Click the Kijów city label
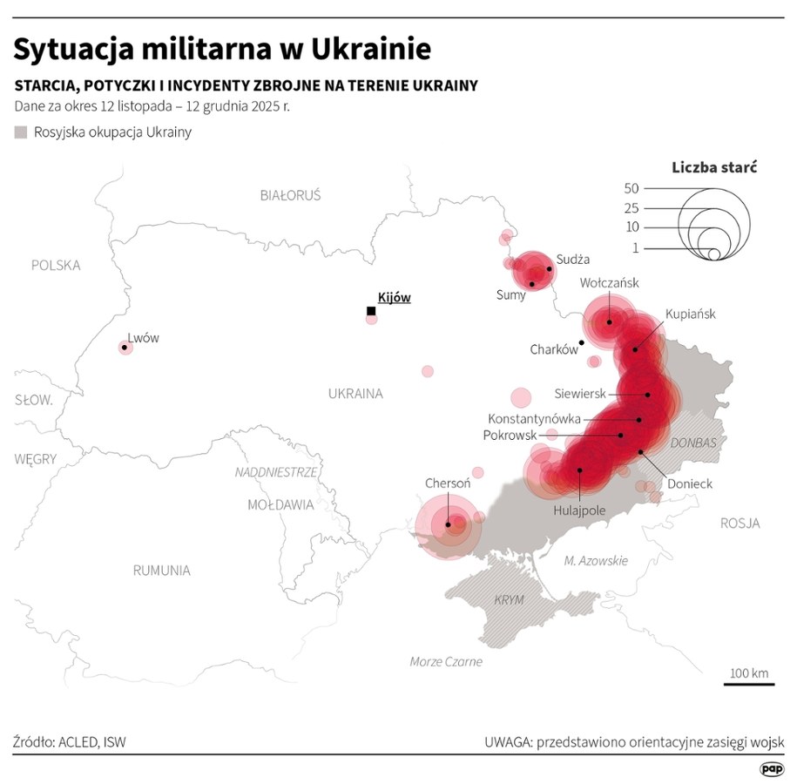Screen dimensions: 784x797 (x=394, y=297)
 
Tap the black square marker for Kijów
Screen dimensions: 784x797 (x=371, y=311)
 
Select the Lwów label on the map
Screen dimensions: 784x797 (x=144, y=338)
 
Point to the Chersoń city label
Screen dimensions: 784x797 (x=448, y=483)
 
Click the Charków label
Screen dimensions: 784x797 (x=554, y=349)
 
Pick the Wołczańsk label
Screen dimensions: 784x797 (x=610, y=282)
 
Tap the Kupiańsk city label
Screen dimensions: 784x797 (x=690, y=314)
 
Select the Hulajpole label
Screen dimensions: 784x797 (x=579, y=510)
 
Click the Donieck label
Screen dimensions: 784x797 (x=690, y=483)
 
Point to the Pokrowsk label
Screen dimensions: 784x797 (x=510, y=435)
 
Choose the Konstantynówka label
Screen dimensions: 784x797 (x=534, y=418)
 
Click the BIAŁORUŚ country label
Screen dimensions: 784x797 (x=290, y=195)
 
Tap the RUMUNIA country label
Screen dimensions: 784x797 (x=161, y=571)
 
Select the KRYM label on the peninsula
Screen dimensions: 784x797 (x=510, y=600)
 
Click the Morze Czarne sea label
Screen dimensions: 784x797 (x=446, y=661)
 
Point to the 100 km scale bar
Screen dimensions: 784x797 (x=748, y=684)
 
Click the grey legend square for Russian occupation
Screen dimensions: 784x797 (x=20, y=132)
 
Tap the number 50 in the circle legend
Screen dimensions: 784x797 (x=632, y=188)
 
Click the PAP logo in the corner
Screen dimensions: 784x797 (x=771, y=768)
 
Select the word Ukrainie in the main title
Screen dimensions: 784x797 (x=361, y=49)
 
